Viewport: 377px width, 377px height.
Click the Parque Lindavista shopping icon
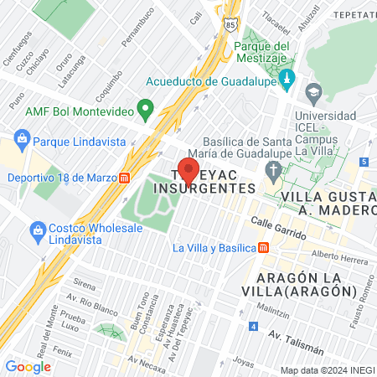point(23,138)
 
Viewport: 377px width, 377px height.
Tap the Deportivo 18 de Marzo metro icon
point(124,178)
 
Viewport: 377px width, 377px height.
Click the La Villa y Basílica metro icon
point(264,247)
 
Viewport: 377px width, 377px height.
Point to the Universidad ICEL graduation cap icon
point(314,90)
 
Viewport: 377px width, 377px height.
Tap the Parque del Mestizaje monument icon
point(287,80)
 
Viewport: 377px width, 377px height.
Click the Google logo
point(28,366)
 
